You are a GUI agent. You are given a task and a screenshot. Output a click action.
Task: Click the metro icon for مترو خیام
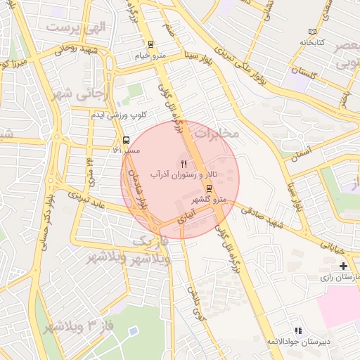coord(150,44)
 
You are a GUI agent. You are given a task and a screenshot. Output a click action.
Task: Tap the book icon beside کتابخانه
coord(313,32)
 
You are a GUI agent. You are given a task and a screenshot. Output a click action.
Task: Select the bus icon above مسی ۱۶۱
coord(126,139)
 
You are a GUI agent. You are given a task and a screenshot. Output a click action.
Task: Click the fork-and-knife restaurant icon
coord(184,163)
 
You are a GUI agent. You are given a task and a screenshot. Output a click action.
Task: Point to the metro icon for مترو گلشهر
coord(210,188)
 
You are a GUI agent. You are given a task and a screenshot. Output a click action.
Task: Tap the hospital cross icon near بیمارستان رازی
coord(343,266)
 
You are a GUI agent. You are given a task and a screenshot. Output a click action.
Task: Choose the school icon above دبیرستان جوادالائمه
coord(298,330)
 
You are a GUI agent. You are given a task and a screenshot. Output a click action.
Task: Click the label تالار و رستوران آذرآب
coord(188,174)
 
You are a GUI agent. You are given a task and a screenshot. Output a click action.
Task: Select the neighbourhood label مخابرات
coord(217,132)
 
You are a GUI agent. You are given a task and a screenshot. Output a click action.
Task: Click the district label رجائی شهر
coord(72,93)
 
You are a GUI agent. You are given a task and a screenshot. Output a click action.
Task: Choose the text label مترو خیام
coord(150,55)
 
